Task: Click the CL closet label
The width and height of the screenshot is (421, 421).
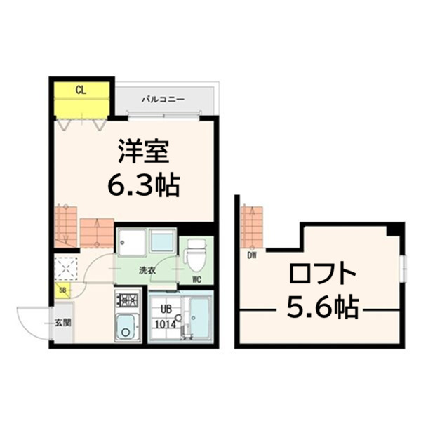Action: click(81, 89)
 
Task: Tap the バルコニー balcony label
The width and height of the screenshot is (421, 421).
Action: click(163, 100)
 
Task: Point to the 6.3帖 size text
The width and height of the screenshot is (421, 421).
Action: click(144, 186)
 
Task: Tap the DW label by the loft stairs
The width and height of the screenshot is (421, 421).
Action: click(251, 255)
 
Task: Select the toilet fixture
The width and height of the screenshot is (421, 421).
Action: click(196, 254)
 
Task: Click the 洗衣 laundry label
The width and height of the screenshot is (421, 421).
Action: click(146, 270)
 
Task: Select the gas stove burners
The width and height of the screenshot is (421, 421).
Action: click(129, 302)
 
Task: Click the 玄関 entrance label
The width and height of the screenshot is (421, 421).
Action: click(62, 323)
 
